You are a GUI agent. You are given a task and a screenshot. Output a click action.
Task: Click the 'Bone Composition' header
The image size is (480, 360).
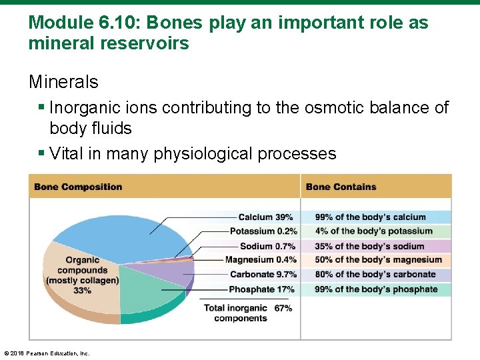[78, 187]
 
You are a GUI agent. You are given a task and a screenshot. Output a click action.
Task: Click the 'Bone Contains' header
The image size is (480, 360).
[341, 187]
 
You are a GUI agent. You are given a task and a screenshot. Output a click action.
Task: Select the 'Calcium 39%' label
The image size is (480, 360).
[265, 217]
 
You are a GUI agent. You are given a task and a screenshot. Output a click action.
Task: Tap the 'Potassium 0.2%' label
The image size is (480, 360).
[263, 231]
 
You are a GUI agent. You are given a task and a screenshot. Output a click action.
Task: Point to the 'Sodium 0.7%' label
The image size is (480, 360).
[267, 246]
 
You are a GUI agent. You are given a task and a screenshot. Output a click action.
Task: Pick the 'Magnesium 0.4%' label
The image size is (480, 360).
[261, 260]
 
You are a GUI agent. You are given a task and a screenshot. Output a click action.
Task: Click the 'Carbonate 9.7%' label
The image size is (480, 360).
[263, 275]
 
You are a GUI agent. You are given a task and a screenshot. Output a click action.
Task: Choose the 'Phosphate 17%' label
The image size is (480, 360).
[261, 289]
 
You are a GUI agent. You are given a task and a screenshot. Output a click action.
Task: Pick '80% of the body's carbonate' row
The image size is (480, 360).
[375, 275]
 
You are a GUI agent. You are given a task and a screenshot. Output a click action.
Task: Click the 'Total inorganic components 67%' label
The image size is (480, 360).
[247, 313]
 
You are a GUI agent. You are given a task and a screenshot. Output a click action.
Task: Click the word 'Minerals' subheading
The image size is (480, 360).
[63, 83]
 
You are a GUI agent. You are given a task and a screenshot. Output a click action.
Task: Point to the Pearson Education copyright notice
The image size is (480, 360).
[47, 353]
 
